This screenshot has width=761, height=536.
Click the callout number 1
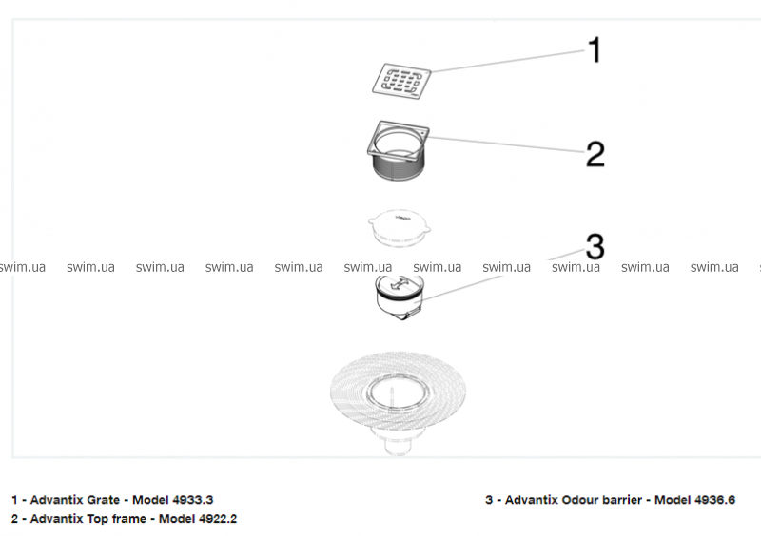coord(595,49)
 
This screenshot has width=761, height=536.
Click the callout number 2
coord(595,154)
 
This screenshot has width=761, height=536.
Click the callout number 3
coord(595,247)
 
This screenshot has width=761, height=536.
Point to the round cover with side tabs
coord(397,227)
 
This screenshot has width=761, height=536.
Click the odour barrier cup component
coord(400,297)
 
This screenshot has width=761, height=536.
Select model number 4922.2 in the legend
coord(218,519)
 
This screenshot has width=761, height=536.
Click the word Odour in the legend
coord(581,500)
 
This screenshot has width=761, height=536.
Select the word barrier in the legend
coord(623,500)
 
